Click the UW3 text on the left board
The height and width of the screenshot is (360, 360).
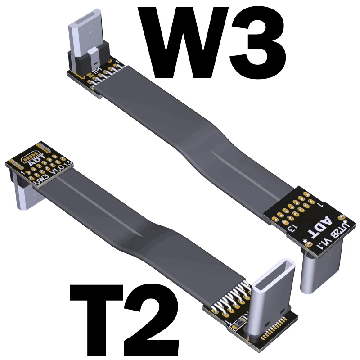click(x=42, y=180)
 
